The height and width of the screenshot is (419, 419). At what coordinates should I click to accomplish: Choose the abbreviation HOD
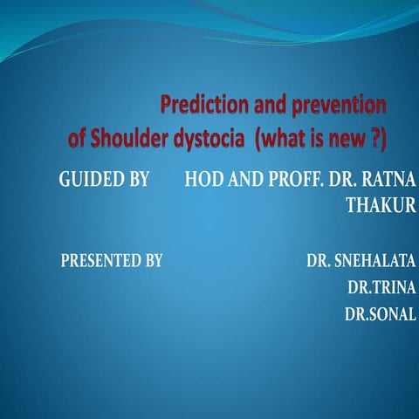[206, 181]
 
